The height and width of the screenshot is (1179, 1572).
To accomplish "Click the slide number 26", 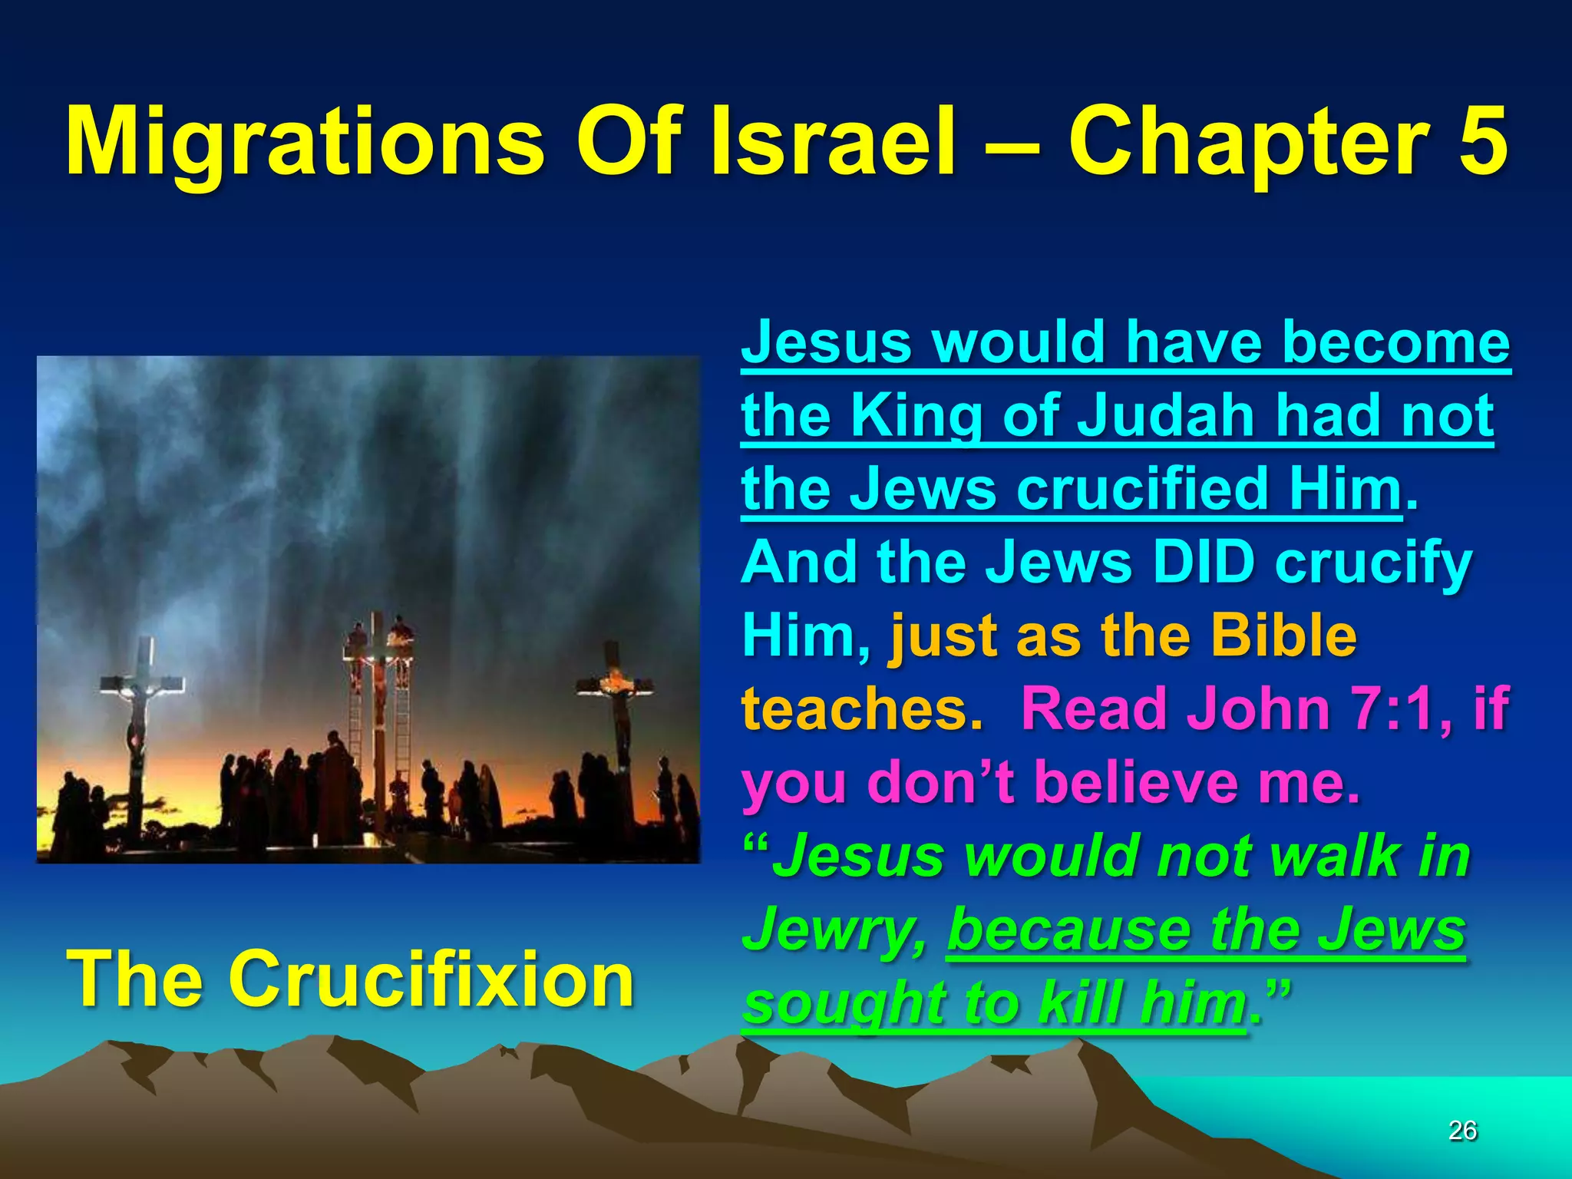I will coord(1462,1131).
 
